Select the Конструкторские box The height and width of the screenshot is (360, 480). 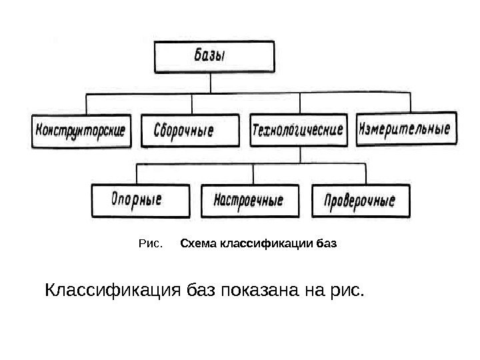(81, 131)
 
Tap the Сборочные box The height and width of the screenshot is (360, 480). (189, 131)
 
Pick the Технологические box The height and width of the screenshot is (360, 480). (298, 129)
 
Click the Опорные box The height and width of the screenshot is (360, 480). (137, 199)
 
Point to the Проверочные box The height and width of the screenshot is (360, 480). (360, 200)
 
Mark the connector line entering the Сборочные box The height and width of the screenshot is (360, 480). (192, 104)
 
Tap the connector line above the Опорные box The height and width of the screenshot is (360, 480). (137, 173)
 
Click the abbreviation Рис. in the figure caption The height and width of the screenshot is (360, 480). (149, 244)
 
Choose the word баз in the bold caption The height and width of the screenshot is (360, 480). (327, 244)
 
